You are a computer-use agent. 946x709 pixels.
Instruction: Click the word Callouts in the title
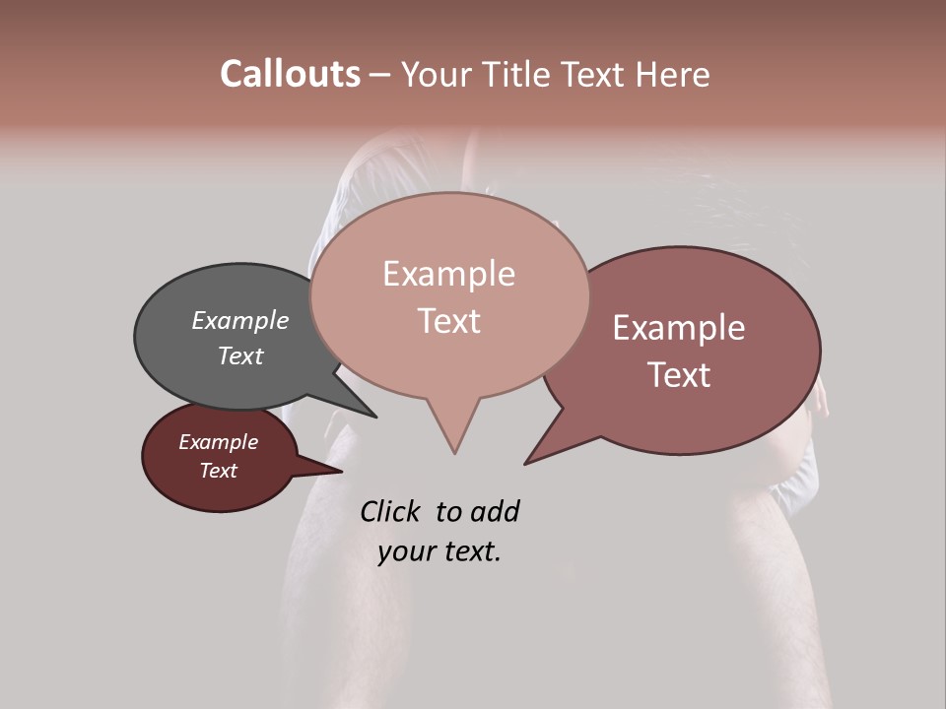click(x=290, y=74)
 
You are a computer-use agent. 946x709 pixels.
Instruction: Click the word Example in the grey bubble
click(x=240, y=321)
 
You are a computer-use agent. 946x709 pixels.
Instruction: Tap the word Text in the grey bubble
click(x=240, y=355)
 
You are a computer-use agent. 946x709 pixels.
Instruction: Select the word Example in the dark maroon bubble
click(x=218, y=442)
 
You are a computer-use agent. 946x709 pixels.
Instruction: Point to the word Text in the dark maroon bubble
click(x=218, y=471)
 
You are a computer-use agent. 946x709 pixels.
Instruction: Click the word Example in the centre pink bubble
click(x=448, y=274)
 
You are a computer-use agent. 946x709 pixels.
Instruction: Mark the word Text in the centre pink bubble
click(x=448, y=321)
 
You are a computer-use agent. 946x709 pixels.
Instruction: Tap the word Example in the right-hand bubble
click(x=679, y=328)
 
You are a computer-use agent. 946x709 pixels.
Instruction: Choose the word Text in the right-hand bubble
click(x=679, y=375)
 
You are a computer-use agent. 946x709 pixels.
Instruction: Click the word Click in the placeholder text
click(x=390, y=512)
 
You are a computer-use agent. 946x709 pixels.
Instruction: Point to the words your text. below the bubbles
click(x=439, y=551)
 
